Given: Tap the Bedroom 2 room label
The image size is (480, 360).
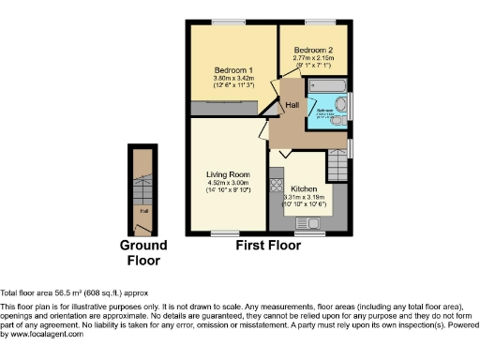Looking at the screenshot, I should pyautogui.click(x=314, y=50).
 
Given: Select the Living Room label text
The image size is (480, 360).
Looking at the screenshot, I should pyautogui.click(x=227, y=174).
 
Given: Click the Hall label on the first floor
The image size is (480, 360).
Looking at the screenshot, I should pyautogui.click(x=292, y=105).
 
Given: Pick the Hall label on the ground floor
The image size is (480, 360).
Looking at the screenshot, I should pyautogui.click(x=144, y=211).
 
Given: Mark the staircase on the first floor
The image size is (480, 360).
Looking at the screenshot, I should pyautogui.click(x=337, y=166).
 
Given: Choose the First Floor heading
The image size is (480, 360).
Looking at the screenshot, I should pyautogui.click(x=268, y=246).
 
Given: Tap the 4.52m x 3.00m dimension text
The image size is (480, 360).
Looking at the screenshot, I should pyautogui.click(x=227, y=183).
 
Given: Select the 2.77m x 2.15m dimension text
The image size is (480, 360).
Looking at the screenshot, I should pyautogui.click(x=314, y=58).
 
